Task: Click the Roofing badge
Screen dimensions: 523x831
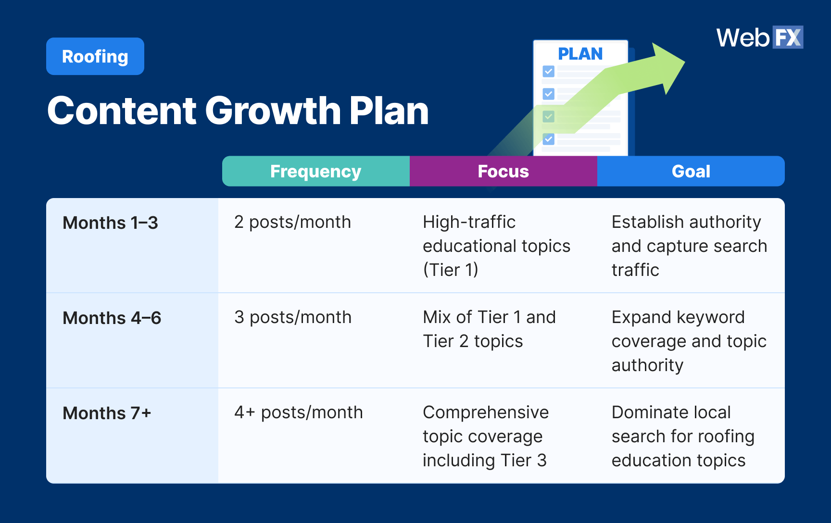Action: pyautogui.click(x=95, y=56)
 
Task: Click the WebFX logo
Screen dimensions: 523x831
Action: pyautogui.click(x=759, y=37)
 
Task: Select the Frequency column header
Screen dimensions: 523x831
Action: pyautogui.click(x=315, y=171)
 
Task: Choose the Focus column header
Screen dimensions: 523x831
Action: pyautogui.click(x=503, y=171)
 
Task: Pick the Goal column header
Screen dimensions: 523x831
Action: pyautogui.click(x=691, y=171)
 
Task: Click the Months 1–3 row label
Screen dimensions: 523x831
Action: pyautogui.click(x=110, y=223)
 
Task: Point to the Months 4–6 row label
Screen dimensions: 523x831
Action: pyautogui.click(x=112, y=318)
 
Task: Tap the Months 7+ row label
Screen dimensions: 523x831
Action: pyautogui.click(x=107, y=413)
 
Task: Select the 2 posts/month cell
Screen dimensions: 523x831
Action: pyautogui.click(x=292, y=222)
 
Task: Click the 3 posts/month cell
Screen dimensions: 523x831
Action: pyautogui.click(x=293, y=317)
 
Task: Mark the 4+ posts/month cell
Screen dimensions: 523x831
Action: pyautogui.click(x=298, y=412)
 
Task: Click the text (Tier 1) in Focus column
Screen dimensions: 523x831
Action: pyautogui.click(x=450, y=270)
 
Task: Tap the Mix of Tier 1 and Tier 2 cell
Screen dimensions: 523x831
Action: pyautogui.click(x=489, y=329)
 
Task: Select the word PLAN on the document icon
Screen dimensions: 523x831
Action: pyautogui.click(x=580, y=54)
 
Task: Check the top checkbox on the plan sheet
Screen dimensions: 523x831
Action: pyautogui.click(x=548, y=72)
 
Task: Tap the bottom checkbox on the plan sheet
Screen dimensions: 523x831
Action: pyautogui.click(x=548, y=139)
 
